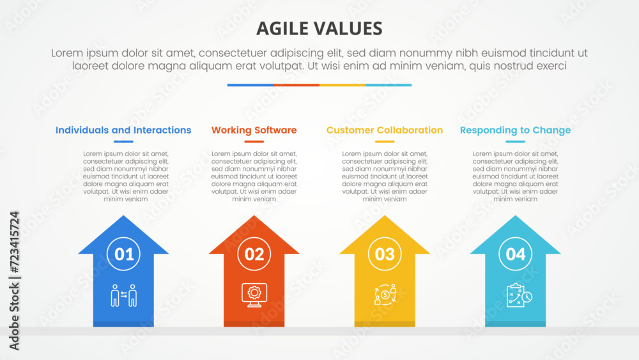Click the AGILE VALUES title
pyautogui.click(x=319, y=29)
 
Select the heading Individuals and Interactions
pyautogui.click(x=123, y=130)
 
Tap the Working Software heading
pyautogui.click(x=254, y=130)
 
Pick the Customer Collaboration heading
pyautogui.click(x=385, y=130)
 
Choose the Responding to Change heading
pyautogui.click(x=515, y=130)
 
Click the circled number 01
pyautogui.click(x=123, y=254)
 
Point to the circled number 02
pyautogui.click(x=254, y=254)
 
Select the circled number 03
pyautogui.click(x=385, y=254)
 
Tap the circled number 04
pyautogui.click(x=516, y=254)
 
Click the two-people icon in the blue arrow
pyautogui.click(x=123, y=295)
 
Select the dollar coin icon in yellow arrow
pyautogui.click(x=385, y=294)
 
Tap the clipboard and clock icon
pyautogui.click(x=519, y=295)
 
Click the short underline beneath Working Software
pyautogui.click(x=254, y=141)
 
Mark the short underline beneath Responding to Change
pyautogui.click(x=515, y=141)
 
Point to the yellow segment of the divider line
pyautogui.click(x=343, y=85)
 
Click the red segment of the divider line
pyautogui.click(x=296, y=85)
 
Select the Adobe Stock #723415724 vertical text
pyautogui.click(x=14, y=281)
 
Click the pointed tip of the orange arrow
pyautogui.click(x=254, y=215)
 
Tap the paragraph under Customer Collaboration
pyautogui.click(x=385, y=176)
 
